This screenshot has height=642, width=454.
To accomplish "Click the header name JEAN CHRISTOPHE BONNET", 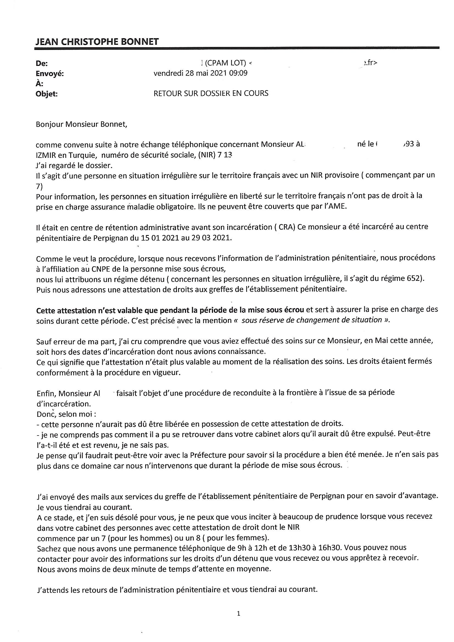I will [97, 42].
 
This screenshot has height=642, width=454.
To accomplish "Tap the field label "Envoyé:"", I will [50, 74].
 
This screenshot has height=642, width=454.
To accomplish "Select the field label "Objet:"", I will [47, 94].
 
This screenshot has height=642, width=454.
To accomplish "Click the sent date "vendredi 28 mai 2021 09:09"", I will [200, 73].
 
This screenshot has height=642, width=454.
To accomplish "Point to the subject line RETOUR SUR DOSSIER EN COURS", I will [211, 93].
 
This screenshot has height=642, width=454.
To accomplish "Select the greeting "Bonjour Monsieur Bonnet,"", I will [81, 124].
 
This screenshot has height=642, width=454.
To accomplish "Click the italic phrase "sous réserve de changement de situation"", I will [312, 320].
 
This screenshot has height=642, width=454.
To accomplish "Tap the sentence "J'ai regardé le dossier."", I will [74, 165].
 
